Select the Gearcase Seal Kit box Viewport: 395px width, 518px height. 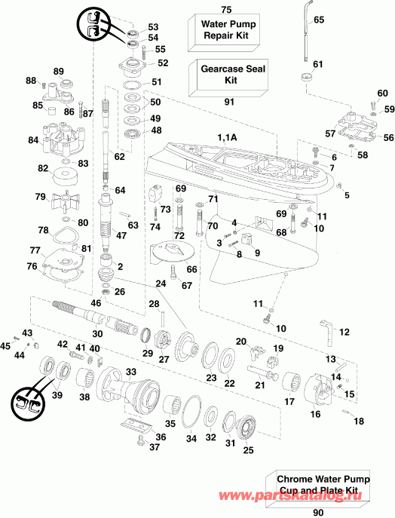point(226,75)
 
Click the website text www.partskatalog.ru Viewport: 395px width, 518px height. point(332,495)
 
